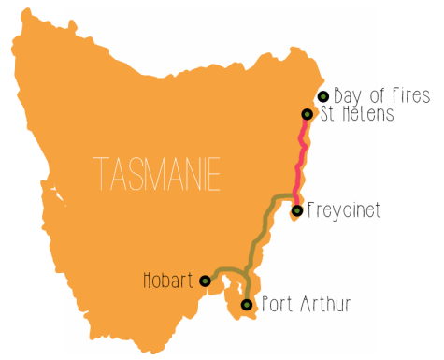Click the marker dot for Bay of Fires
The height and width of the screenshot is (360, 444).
[x=323, y=96]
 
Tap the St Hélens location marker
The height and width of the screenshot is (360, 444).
[x=307, y=114]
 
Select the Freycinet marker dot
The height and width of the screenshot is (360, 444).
[x=296, y=210]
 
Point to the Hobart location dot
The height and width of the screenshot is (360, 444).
[x=205, y=280]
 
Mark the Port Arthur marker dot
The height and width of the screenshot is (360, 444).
[x=247, y=305]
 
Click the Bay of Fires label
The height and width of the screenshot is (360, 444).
[x=381, y=95]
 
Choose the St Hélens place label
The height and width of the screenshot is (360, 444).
[x=352, y=114]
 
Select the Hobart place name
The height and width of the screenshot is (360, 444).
[x=168, y=280]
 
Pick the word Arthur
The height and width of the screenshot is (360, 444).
[x=324, y=304]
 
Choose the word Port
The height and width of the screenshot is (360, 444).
[x=277, y=304]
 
